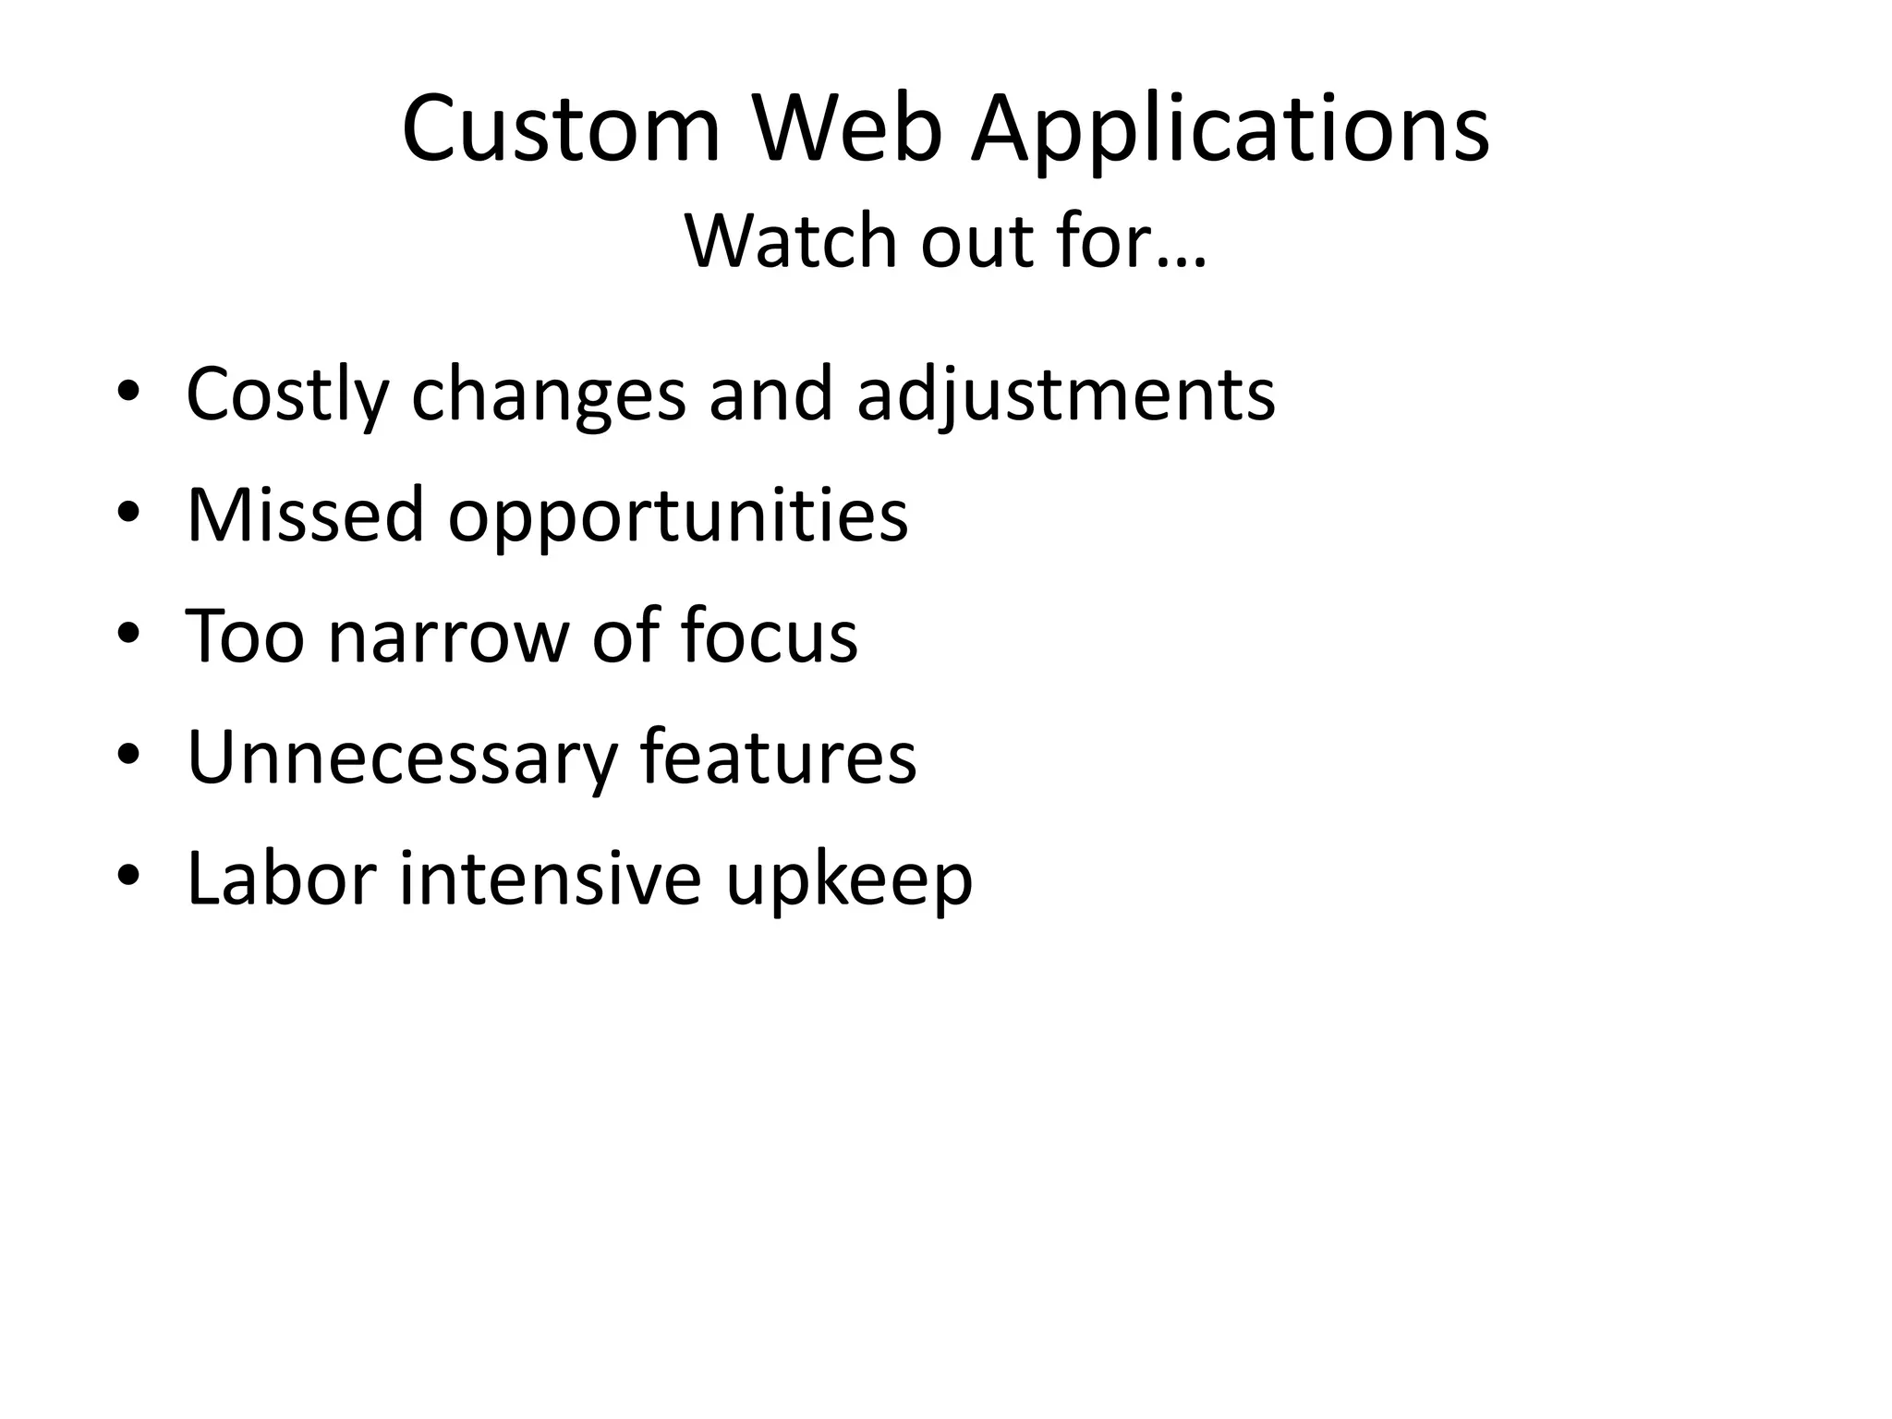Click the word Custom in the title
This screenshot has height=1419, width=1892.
tap(561, 129)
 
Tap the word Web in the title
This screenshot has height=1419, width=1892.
tap(848, 129)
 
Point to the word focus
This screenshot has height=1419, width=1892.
tap(769, 636)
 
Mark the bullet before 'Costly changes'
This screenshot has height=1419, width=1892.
tap(128, 393)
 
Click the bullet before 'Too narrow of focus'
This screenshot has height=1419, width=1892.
tap(128, 634)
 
